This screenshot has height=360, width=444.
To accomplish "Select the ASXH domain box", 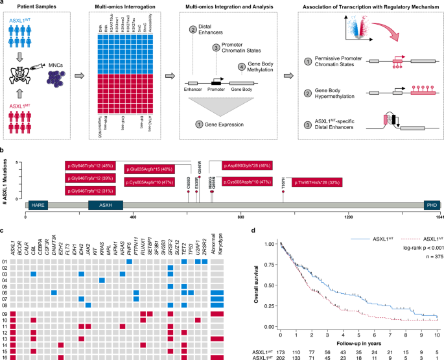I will point(101,204).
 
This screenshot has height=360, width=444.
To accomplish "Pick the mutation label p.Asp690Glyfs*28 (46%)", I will point(248,166).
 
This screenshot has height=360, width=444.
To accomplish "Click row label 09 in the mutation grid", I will point(5,314).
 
